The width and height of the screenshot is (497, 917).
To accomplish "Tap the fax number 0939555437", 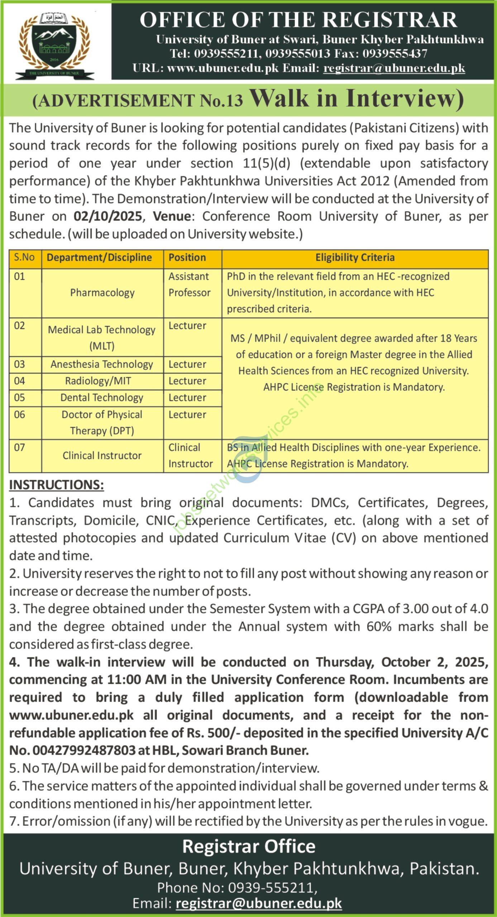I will click(x=395, y=54).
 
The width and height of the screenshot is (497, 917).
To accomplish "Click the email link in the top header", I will click(x=394, y=68).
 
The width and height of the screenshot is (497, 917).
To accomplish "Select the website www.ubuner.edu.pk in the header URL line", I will click(x=223, y=68).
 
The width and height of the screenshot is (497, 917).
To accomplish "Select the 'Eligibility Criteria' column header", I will click(x=355, y=257).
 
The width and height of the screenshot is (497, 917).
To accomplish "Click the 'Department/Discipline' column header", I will click(x=99, y=257).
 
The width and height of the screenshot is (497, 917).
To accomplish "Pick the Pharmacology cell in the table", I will click(x=102, y=293).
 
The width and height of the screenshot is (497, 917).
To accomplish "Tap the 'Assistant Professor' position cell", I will click(x=190, y=284).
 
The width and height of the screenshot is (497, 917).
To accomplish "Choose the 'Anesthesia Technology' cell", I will click(x=102, y=364).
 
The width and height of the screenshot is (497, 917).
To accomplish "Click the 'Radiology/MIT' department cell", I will click(x=98, y=381).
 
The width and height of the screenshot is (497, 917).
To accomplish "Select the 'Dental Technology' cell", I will click(x=102, y=398).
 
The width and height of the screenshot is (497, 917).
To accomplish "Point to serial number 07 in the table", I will click(x=19, y=447).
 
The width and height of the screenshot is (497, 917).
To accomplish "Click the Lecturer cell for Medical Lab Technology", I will click(x=187, y=326).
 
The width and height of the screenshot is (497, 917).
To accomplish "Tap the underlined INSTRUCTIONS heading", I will click(x=57, y=485).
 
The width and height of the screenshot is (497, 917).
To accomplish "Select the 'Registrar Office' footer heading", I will click(x=249, y=846).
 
